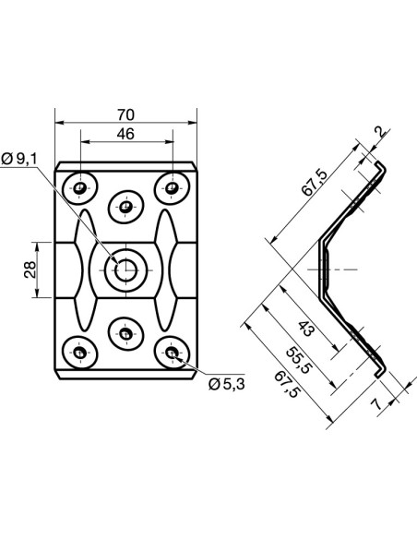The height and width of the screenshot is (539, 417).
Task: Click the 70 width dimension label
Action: (125, 114)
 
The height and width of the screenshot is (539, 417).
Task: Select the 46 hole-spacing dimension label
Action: (125, 134)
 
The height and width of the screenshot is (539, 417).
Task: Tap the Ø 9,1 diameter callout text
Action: (18, 159)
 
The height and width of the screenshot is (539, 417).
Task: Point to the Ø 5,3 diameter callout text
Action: (227, 384)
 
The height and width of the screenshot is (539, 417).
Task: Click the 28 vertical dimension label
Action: (30, 269)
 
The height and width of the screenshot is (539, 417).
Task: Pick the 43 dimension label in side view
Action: (306, 329)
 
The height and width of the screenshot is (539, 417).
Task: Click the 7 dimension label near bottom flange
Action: (378, 404)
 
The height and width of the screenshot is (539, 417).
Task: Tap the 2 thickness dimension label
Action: (380, 133)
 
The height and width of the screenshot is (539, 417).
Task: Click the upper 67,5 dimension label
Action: (315, 183)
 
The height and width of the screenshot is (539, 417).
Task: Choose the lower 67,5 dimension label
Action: (286, 385)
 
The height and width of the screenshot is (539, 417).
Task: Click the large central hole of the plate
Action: (125, 269)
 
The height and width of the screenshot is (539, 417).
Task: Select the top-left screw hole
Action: (80, 188)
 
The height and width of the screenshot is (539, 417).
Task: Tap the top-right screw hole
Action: (171, 188)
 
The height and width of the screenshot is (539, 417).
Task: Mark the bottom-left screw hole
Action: (80, 353)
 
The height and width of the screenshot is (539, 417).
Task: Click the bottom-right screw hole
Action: (171, 353)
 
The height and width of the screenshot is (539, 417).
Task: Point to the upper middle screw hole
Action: (125, 207)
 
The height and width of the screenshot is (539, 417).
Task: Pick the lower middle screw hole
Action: (125, 333)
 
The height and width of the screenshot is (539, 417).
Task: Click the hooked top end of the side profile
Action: (380, 167)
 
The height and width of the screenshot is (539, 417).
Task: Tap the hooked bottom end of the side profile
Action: (380, 372)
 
